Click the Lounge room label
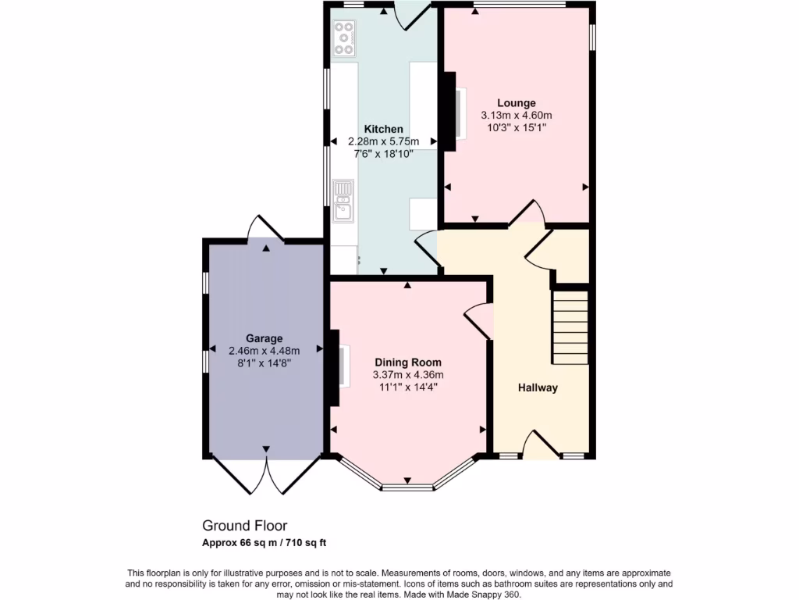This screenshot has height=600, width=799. click(x=517, y=102)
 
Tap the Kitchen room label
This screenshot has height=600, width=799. click(x=384, y=129)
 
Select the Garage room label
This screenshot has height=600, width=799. click(x=264, y=338)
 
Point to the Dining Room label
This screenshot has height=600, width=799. click(x=407, y=362)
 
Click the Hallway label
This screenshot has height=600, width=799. click(x=538, y=387)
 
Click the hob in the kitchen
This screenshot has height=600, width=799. click(x=344, y=37)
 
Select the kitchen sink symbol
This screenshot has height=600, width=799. click(x=343, y=202)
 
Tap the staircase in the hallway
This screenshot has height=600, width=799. click(x=570, y=327)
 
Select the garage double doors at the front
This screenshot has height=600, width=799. click(x=266, y=476)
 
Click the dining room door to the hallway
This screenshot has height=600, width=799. click(x=478, y=321)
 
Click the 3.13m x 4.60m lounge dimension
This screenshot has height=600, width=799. click(x=517, y=115)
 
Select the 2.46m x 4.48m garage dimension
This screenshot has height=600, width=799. click(x=264, y=351)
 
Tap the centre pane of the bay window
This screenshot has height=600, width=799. click(x=407, y=487)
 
